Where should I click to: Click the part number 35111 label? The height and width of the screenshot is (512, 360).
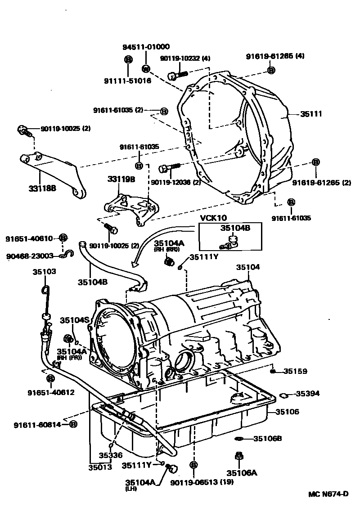(312, 114)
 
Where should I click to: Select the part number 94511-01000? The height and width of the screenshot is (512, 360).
(146, 47)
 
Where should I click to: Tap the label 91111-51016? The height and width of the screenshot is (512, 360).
(127, 81)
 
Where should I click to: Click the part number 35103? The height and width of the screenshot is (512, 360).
(44, 272)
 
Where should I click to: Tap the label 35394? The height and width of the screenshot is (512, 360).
(307, 394)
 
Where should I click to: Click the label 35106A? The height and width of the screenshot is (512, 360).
(242, 472)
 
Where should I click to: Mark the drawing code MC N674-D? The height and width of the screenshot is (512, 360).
(328, 494)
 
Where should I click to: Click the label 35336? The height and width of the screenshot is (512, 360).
(111, 455)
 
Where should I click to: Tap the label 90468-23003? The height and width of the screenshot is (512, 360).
(30, 256)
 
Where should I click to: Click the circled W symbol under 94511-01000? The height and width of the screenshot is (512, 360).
(146, 68)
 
